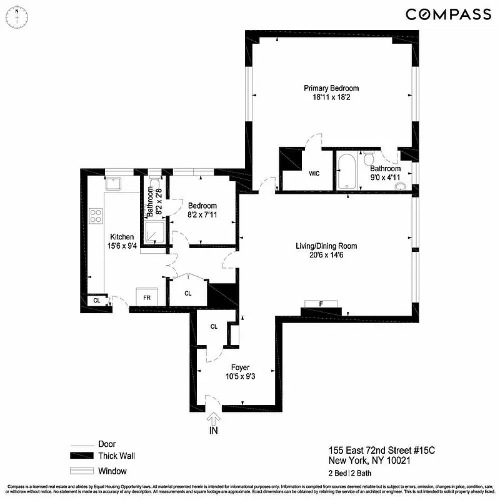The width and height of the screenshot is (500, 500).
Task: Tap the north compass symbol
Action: click(17, 13)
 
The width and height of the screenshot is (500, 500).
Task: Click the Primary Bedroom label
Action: click(331, 88)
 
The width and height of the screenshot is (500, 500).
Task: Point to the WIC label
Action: click(314, 174)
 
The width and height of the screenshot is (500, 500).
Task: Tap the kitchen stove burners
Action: click(97, 216)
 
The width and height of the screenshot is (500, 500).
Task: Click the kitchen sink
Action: click(114, 183)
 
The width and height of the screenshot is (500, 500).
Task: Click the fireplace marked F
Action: click(321, 304)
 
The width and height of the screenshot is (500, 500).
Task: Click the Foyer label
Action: click(240, 367)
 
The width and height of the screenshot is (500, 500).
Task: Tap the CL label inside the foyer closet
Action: click(214, 326)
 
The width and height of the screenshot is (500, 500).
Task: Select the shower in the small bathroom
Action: click(154, 232)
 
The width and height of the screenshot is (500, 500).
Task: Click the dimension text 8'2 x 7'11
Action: click(202, 216)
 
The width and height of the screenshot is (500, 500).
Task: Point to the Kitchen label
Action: click(122, 237)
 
